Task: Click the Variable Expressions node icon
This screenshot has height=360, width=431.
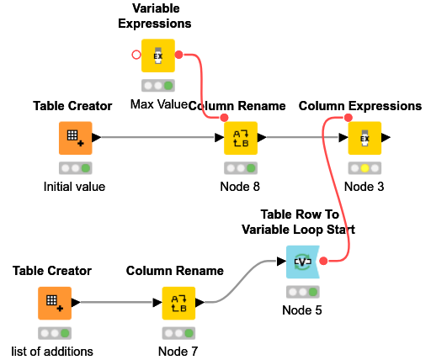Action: point(158,56)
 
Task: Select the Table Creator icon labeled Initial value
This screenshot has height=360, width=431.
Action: point(75,138)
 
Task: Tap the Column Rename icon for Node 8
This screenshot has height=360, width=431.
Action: point(240,138)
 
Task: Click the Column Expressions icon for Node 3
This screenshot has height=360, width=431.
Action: point(364,138)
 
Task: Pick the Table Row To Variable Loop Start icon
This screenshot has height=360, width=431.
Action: point(302,262)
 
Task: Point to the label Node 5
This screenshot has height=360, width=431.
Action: point(302,310)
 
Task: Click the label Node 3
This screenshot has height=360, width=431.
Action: point(364,187)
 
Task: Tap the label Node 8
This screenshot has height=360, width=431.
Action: point(240,187)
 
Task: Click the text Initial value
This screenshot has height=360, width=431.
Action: point(75,187)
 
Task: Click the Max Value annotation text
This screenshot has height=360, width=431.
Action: point(158,104)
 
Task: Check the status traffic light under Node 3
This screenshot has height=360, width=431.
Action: point(364,168)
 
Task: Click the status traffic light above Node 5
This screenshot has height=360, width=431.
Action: point(302,292)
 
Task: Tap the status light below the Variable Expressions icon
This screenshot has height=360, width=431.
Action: point(158,86)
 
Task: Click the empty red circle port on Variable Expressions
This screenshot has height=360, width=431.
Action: point(136,56)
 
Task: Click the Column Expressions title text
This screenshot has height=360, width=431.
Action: point(359,106)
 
